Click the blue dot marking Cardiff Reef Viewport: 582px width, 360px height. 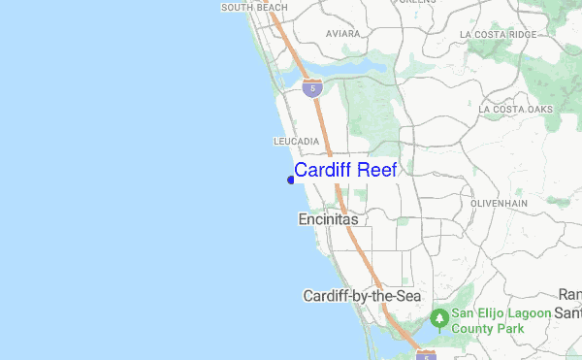291,179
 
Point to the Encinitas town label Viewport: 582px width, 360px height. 327,220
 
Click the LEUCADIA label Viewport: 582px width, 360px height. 297,142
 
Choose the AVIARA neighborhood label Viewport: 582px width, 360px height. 342,33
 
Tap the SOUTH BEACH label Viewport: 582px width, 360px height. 254,8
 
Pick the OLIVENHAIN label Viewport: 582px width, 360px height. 497,204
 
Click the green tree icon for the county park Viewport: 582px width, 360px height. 438,316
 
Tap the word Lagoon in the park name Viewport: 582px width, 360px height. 527,314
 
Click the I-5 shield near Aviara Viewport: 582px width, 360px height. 311,88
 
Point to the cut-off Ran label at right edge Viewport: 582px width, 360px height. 570,294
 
